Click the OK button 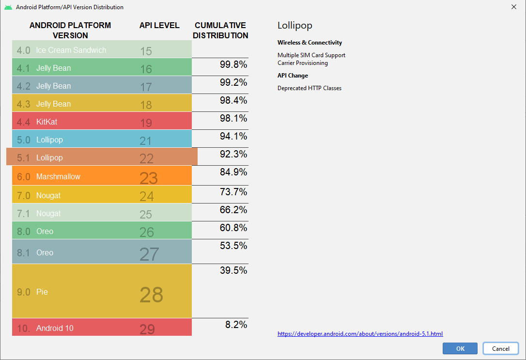[x=460, y=348]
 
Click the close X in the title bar [x=513, y=7]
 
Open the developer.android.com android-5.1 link [x=360, y=334]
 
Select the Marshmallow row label [x=58, y=176]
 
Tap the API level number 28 [x=151, y=295]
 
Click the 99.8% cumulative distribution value [x=233, y=64]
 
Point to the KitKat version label [x=46, y=122]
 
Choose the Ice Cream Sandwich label [x=71, y=50]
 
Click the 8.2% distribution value [x=236, y=325]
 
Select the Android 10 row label [x=55, y=328]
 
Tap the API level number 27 [x=149, y=254]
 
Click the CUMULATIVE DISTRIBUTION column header [x=220, y=31]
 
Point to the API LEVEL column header [x=159, y=25]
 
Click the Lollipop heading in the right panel [x=294, y=26]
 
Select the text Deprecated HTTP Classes [x=309, y=88]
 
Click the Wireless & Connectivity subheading [x=309, y=43]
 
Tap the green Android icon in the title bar [x=7, y=7]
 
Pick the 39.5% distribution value [x=233, y=270]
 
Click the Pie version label [x=42, y=292]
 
